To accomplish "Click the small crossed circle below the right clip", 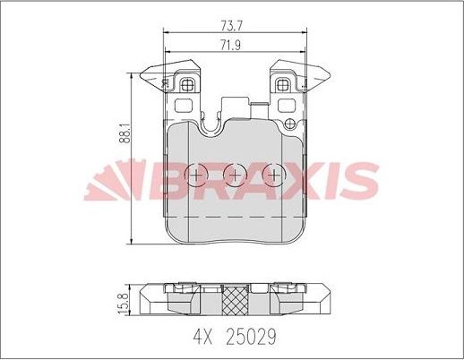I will pyautogui.click(x=289, y=123).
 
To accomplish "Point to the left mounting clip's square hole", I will pyautogui.click(x=188, y=86).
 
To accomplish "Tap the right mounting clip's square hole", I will pyautogui.click(x=284, y=86).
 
